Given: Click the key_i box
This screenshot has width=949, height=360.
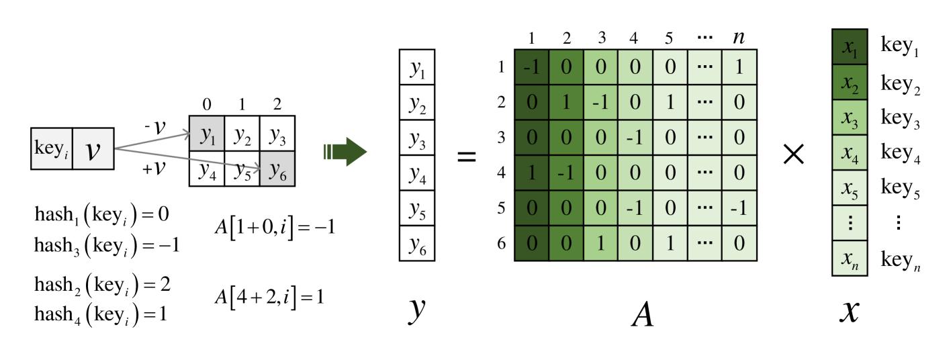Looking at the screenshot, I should (x=51, y=148).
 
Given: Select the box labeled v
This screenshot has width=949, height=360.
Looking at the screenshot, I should (x=93, y=148).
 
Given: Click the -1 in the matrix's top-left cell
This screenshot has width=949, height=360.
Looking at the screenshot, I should (x=532, y=68).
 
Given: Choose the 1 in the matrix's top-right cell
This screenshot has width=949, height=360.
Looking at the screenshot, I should (x=739, y=68).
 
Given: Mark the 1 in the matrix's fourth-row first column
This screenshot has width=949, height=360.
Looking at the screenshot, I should (x=532, y=173).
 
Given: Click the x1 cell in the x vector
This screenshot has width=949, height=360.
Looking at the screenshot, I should (x=850, y=48).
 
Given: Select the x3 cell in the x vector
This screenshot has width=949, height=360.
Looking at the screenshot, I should (x=850, y=118).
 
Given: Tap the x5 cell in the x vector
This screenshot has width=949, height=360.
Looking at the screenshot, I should (x=850, y=187).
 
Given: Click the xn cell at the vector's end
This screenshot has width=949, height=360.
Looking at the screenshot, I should (x=850, y=258).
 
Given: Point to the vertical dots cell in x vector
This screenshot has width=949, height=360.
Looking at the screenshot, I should (x=850, y=223).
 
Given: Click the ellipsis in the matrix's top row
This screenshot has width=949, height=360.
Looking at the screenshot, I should (x=704, y=68).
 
